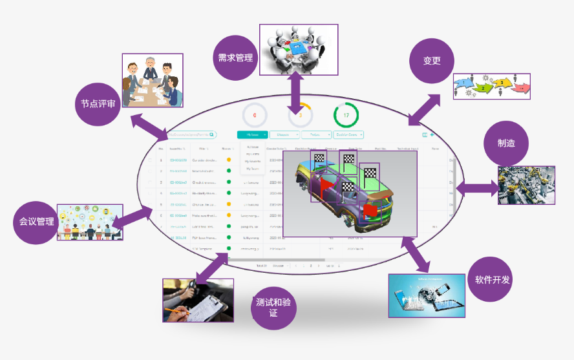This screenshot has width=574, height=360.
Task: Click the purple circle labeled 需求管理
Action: click(x=235, y=58)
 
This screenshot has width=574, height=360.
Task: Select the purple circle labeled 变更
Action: click(x=432, y=61)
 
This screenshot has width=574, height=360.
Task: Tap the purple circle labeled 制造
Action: click(x=506, y=143)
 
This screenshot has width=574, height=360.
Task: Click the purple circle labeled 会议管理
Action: click(x=37, y=222)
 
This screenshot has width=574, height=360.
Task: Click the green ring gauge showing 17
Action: click(x=346, y=116)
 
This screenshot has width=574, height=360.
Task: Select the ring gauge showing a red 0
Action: click(x=255, y=116)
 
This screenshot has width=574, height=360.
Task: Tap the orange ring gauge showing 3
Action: click(x=300, y=116)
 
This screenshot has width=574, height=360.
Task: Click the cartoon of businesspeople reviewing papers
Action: click(x=152, y=80)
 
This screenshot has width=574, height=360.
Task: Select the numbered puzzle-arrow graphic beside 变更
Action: click(x=492, y=84)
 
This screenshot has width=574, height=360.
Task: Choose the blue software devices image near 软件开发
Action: click(x=427, y=295)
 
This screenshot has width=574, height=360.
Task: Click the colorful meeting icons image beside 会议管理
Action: click(x=90, y=222)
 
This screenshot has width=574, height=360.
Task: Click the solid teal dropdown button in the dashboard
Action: click(x=251, y=135)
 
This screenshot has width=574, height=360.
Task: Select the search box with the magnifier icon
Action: click(x=191, y=134)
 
